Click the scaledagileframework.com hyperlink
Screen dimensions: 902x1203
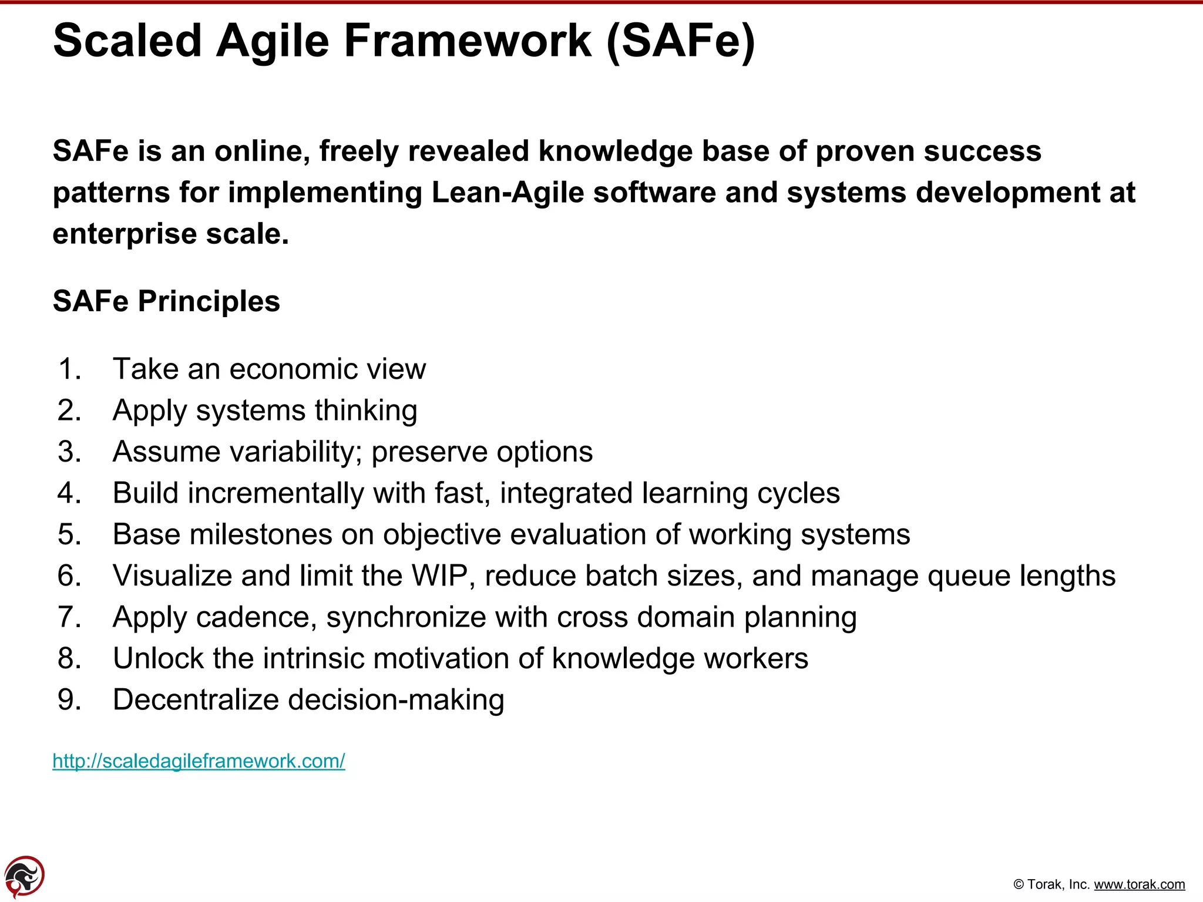pos(199,761)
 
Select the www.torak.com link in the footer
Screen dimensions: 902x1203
pos(1139,884)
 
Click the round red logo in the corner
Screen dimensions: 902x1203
pos(24,877)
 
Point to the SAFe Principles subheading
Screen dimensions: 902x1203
pos(166,301)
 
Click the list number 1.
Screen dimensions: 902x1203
pos(69,369)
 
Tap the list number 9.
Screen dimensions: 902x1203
pos(69,700)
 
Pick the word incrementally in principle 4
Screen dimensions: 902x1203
pos(275,493)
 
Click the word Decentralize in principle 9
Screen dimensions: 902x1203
pos(196,700)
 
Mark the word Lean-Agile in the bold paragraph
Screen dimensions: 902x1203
pos(508,193)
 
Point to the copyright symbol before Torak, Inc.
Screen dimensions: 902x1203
pos(1019,885)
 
